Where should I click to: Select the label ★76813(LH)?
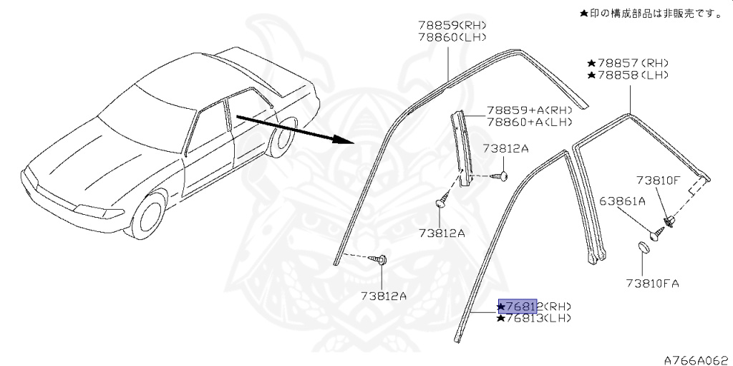click(534, 318)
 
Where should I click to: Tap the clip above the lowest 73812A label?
click(382, 259)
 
